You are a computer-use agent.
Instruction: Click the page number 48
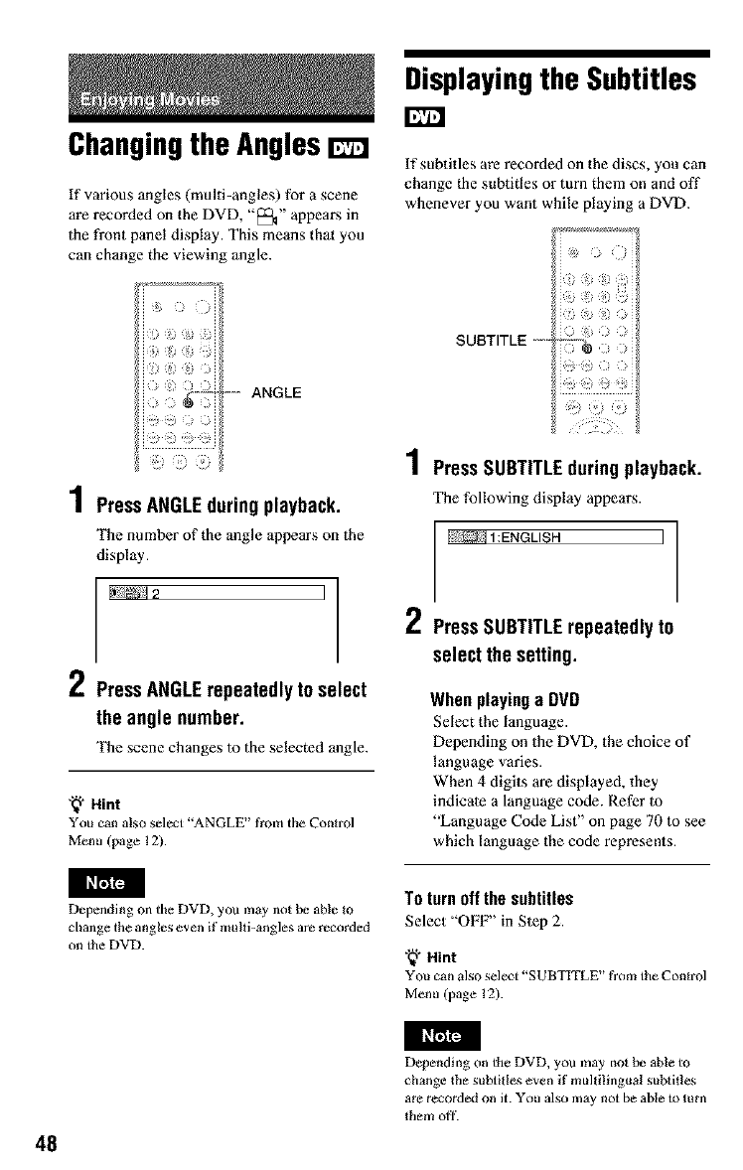point(47,1140)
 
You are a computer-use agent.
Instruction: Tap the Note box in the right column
point(442,1035)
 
